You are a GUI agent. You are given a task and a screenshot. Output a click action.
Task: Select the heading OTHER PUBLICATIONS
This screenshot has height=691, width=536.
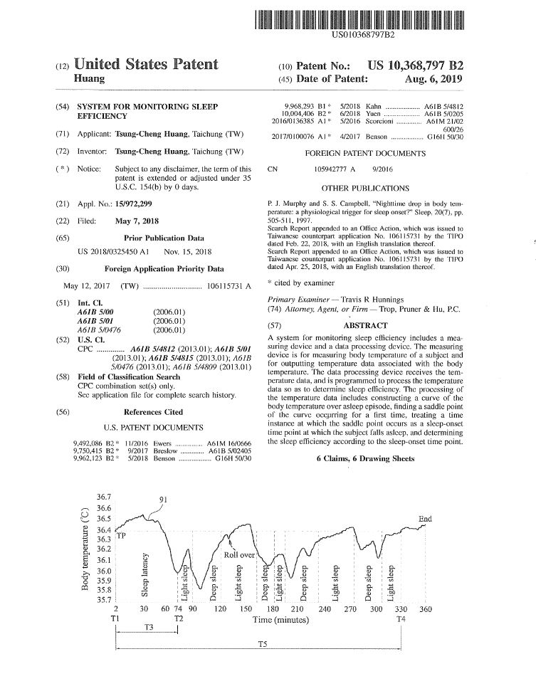pyautogui.click(x=365, y=189)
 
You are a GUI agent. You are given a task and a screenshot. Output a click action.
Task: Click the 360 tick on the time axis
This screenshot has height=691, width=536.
pyautogui.click(x=425, y=610)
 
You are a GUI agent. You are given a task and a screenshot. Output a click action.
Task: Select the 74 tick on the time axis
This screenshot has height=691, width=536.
pyautogui.click(x=178, y=610)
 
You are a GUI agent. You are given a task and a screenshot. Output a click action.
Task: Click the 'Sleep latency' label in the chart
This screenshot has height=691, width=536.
pyautogui.click(x=145, y=574)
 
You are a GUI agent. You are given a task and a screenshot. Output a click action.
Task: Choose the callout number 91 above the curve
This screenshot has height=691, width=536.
pyautogui.click(x=164, y=500)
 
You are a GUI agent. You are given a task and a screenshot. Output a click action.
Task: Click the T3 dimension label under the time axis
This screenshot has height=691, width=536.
pyautogui.click(x=147, y=627)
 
